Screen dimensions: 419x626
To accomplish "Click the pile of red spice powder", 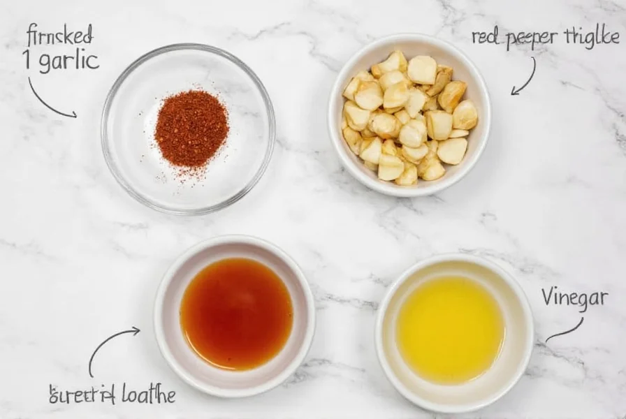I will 191,127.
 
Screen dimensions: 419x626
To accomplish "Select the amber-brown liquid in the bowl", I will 236,314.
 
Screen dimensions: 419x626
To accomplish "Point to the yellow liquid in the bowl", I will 451,329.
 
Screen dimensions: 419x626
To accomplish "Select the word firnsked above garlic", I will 59,34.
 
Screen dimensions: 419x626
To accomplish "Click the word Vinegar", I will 574,298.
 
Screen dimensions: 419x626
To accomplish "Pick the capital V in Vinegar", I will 548,297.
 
